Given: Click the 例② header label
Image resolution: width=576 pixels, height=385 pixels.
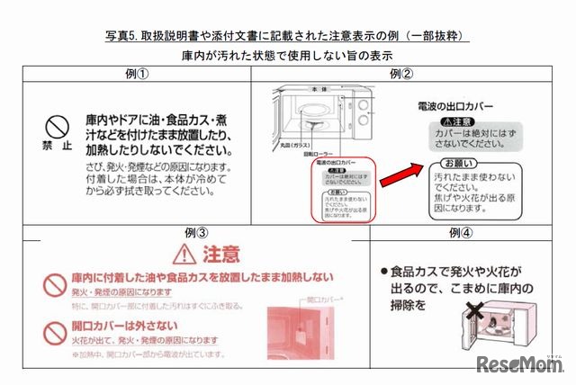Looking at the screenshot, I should point(401,75).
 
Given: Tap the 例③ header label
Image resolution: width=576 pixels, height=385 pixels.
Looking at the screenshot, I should point(196,232).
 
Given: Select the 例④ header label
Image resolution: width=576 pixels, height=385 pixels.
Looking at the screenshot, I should point(461,234).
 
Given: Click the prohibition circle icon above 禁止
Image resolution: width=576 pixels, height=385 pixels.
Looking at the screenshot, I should point(58,124).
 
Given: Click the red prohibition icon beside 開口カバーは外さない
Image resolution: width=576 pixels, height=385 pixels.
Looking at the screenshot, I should point(51,330).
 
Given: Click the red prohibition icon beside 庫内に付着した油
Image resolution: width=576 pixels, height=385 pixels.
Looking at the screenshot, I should point(51,285).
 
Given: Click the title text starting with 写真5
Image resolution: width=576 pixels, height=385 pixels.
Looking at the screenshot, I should point(287,37).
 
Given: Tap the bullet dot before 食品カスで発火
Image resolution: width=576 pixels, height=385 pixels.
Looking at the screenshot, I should point(383,270).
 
